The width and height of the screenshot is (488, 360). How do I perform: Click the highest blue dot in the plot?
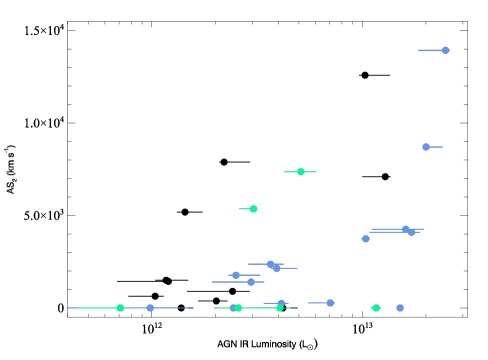click(x=445, y=50)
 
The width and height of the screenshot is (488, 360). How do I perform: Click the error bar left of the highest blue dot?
click(x=430, y=50)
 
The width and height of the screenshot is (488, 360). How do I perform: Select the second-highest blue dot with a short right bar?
click(x=426, y=147)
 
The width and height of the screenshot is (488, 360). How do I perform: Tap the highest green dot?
click(x=300, y=172)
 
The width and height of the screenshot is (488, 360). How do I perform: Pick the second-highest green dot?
click(x=253, y=209)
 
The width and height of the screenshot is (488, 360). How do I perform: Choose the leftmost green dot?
click(x=120, y=308)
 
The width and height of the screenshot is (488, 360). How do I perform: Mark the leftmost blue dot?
click(x=150, y=308)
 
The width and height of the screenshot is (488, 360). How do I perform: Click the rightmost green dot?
click(x=376, y=308)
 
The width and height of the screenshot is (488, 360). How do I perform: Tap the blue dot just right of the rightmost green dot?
click(x=400, y=308)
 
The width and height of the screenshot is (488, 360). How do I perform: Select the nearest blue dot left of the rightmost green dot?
click(x=330, y=303)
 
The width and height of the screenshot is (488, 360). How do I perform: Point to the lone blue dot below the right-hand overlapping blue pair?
click(x=365, y=239)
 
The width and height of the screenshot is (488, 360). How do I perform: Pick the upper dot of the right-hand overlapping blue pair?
click(x=405, y=229)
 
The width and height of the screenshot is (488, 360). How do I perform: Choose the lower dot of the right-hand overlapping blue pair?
click(x=411, y=232)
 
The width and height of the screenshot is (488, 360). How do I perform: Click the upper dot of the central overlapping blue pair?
click(x=270, y=264)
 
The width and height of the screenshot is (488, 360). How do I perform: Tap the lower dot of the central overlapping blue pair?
click(x=276, y=268)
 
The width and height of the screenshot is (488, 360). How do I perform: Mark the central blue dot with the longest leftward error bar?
click(x=251, y=282)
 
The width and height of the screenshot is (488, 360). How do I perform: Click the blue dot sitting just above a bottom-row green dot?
click(x=281, y=303)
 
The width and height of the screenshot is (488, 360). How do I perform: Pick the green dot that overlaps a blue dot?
click(x=238, y=308)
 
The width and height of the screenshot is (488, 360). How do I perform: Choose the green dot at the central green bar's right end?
click(x=279, y=308)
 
